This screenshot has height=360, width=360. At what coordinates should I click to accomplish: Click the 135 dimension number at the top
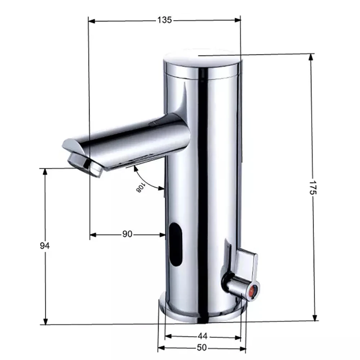pos(164,20)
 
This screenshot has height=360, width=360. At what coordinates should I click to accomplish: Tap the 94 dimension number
pos(45,246)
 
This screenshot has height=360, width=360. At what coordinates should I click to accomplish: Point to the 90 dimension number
pos(127,234)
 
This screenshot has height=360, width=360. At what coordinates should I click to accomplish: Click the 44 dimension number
pos(203,336)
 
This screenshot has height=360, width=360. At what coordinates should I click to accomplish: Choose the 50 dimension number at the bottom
pos(202,348)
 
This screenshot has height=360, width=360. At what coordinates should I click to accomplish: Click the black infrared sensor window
pos(176,244)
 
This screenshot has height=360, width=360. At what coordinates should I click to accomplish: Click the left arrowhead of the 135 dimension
pos(91,20)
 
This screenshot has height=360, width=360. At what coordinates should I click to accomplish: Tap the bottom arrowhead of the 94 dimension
pos(45,321)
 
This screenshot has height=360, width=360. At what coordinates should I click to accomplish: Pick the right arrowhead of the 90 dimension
pos(162,235)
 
